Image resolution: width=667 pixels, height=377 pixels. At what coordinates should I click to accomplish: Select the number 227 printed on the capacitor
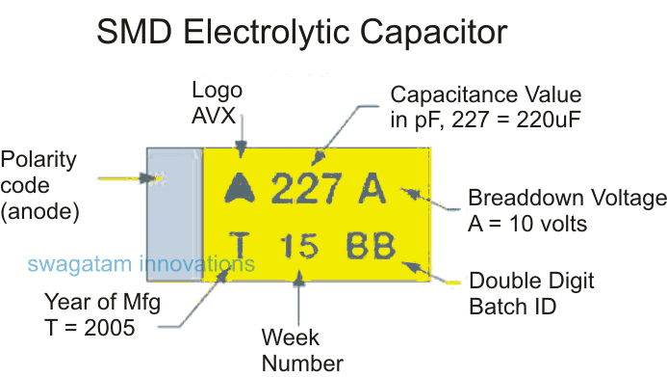click(x=306, y=188)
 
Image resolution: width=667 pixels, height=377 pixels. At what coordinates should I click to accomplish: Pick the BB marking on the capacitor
click(x=372, y=246)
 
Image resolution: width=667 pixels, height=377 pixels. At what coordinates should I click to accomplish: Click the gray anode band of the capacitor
click(x=173, y=214)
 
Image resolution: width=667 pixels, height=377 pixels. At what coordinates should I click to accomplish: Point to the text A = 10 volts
click(x=527, y=225)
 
